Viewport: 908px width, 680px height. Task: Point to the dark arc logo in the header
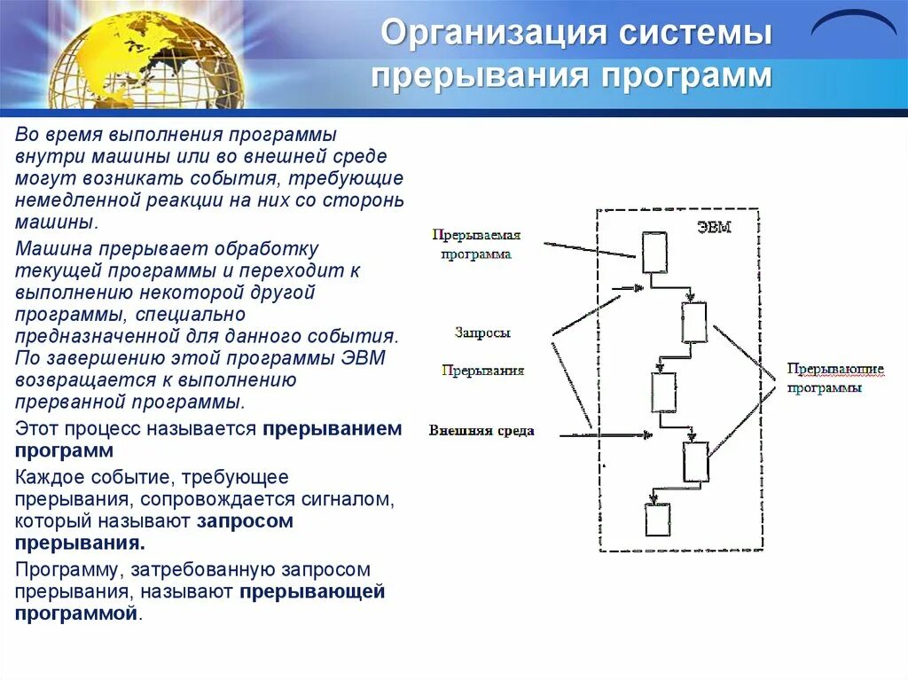(854, 22)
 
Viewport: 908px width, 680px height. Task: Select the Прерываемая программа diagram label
(476, 245)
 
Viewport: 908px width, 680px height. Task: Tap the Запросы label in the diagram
(482, 332)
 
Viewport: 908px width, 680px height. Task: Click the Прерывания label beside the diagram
(483, 371)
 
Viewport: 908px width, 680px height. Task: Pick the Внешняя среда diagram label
(481, 431)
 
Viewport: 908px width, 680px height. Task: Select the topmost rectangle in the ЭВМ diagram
(654, 253)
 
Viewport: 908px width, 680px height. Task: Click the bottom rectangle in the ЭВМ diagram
(657, 520)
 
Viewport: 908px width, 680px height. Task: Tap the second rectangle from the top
(693, 322)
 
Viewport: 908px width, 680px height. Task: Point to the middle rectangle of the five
(663, 393)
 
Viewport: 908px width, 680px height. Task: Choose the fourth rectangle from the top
(694, 461)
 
